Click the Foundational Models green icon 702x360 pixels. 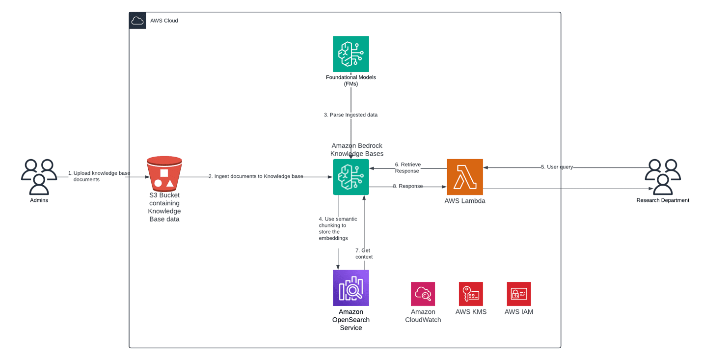351,54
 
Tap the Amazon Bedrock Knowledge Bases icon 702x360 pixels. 351,177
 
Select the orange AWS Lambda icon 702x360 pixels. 464,177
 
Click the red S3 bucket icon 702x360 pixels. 164,174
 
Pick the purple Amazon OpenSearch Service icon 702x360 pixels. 351,288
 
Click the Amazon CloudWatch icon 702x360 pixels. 423,294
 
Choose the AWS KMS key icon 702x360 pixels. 471,294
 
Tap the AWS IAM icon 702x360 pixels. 518,294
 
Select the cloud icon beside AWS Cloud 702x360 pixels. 137,21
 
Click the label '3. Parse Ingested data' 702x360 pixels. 351,115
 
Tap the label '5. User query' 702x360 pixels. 557,167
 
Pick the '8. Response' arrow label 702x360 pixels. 407,186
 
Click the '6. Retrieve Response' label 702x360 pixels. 407,167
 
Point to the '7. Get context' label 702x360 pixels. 364,253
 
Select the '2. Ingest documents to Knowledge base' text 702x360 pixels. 255,176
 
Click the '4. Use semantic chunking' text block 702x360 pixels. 338,228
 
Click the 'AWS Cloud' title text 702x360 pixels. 164,21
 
